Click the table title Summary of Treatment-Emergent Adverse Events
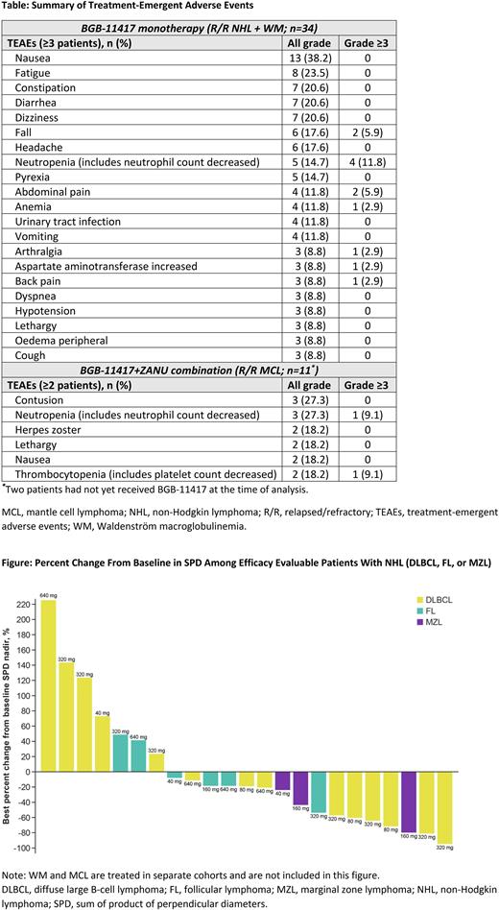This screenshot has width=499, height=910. [125, 8]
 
